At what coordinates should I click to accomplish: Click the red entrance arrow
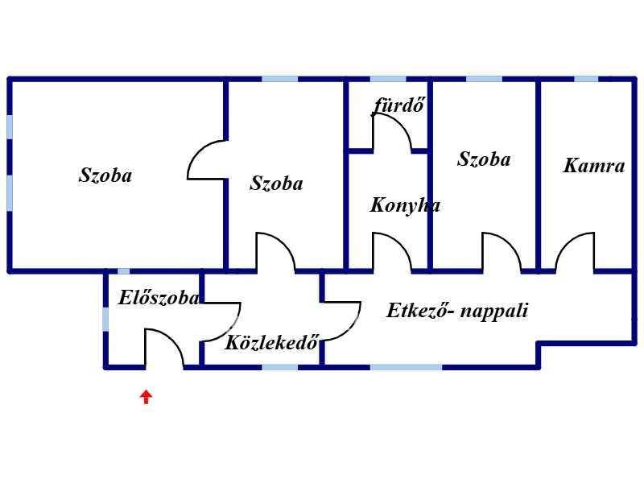pyautogui.click(x=146, y=396)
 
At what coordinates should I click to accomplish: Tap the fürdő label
pyautogui.click(x=398, y=105)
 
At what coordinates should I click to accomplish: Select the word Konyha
pyautogui.click(x=405, y=205)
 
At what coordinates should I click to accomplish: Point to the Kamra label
pyautogui.click(x=593, y=167)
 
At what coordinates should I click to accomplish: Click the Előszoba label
pyautogui.click(x=158, y=298)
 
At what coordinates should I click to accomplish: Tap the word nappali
pyautogui.click(x=493, y=311)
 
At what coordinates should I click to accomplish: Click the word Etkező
pyautogui.click(x=418, y=311)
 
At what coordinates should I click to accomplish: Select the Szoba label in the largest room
pyautogui.click(x=105, y=175)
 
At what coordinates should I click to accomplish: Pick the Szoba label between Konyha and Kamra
pyautogui.click(x=484, y=159)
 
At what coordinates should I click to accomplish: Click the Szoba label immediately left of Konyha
pyautogui.click(x=276, y=184)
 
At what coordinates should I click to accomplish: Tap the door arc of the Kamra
pyautogui.click(x=574, y=251)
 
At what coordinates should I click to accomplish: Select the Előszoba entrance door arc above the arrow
pyautogui.click(x=164, y=348)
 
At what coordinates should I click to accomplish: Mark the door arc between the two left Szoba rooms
pyautogui.click(x=206, y=159)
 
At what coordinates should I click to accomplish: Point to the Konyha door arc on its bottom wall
pyautogui.click(x=392, y=251)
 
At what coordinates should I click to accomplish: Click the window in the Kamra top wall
pyautogui.click(x=586, y=79)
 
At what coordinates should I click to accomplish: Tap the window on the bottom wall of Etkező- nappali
pyautogui.click(x=406, y=367)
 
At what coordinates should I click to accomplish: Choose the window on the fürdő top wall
pyautogui.click(x=388, y=79)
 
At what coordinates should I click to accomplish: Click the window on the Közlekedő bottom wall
pyautogui.click(x=279, y=367)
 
